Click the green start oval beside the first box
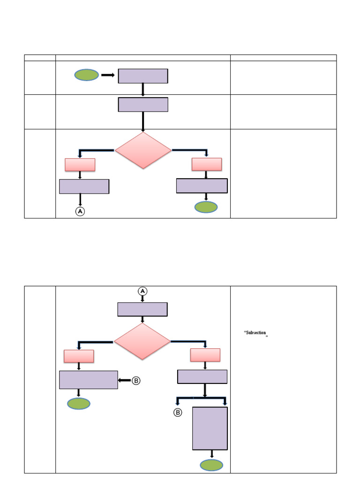pos(87,75)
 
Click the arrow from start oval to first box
pos(108,75)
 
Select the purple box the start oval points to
pos(143,76)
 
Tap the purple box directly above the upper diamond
pos(143,105)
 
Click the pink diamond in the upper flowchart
pos(143,150)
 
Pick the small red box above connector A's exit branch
pos(80,165)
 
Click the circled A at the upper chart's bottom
pos(80,211)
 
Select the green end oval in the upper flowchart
pos(206,207)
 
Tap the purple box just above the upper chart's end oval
pos(202,186)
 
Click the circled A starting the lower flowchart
pos(142,291)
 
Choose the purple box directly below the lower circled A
pos(142,309)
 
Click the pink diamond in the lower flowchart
pos(142,341)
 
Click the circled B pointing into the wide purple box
pos(136,381)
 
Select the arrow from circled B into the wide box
pos(125,381)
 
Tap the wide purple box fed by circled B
pos(89,380)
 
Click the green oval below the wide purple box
pos(79,404)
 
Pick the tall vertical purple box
pos(210,428)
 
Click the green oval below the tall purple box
pos(211,465)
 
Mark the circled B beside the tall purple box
pos(178,412)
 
